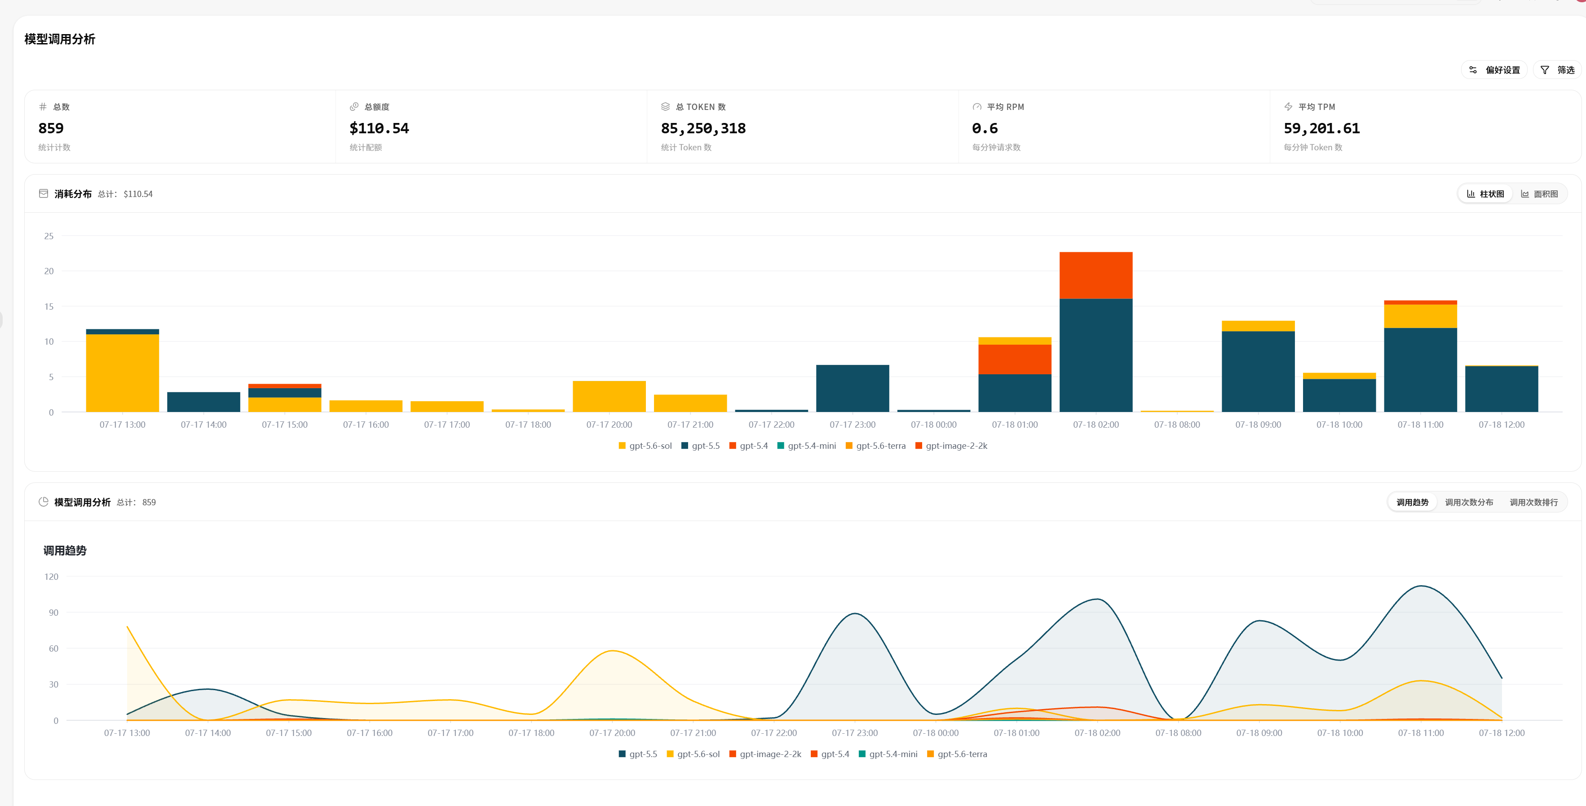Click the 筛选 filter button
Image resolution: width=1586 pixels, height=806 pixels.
[x=1557, y=70]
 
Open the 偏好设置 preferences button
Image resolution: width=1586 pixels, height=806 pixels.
[x=1494, y=70]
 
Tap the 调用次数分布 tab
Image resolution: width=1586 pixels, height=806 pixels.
[x=1469, y=502]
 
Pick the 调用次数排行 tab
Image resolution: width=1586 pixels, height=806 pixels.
[x=1533, y=502]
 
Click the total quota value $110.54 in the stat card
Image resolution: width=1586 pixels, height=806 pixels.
[x=379, y=128]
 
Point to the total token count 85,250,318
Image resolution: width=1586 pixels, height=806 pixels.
[x=703, y=128]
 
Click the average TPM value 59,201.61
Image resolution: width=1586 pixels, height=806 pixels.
[x=1321, y=128]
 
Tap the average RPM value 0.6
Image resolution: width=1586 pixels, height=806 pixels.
[x=985, y=128]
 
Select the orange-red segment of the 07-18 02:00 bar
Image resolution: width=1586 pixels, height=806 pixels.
[x=1096, y=276]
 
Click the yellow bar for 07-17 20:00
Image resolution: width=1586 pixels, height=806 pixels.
[x=609, y=396]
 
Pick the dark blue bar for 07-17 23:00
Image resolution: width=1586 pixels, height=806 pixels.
[x=853, y=388]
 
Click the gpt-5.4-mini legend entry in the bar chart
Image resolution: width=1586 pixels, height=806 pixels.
[x=807, y=446]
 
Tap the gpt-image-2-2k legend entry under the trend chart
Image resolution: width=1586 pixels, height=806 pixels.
[x=765, y=753]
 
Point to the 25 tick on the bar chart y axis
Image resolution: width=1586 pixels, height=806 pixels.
[x=49, y=236]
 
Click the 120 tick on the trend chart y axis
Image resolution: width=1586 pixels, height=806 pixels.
[x=51, y=577]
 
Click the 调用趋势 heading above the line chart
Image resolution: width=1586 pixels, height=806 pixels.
[x=65, y=550]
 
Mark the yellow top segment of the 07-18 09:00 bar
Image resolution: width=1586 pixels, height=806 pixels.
[x=1258, y=326]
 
